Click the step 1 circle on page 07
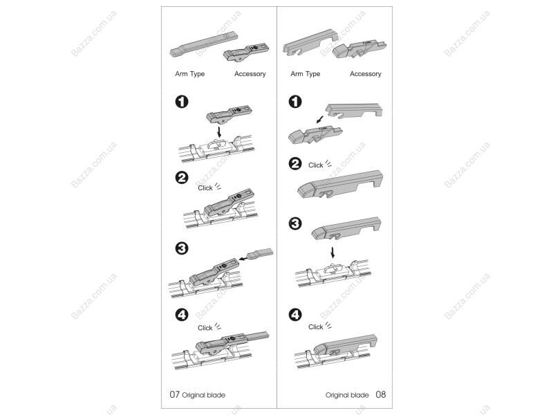(182, 102)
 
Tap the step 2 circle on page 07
(182, 177)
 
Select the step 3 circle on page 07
(182, 248)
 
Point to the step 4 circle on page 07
(182, 315)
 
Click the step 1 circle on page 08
(295, 102)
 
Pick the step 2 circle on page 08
(295, 164)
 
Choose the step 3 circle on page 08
(295, 223)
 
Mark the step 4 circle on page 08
(295, 315)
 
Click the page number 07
(175, 394)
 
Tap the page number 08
(381, 394)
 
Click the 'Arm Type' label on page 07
(189, 74)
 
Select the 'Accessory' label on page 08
(366, 74)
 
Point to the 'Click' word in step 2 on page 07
(205, 187)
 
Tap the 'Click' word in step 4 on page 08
(316, 326)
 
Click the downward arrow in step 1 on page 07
(219, 132)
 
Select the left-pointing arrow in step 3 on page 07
(243, 259)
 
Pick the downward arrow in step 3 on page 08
(332, 252)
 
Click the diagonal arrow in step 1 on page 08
(320, 120)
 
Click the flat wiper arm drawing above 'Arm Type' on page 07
(204, 44)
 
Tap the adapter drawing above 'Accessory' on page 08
(359, 50)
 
